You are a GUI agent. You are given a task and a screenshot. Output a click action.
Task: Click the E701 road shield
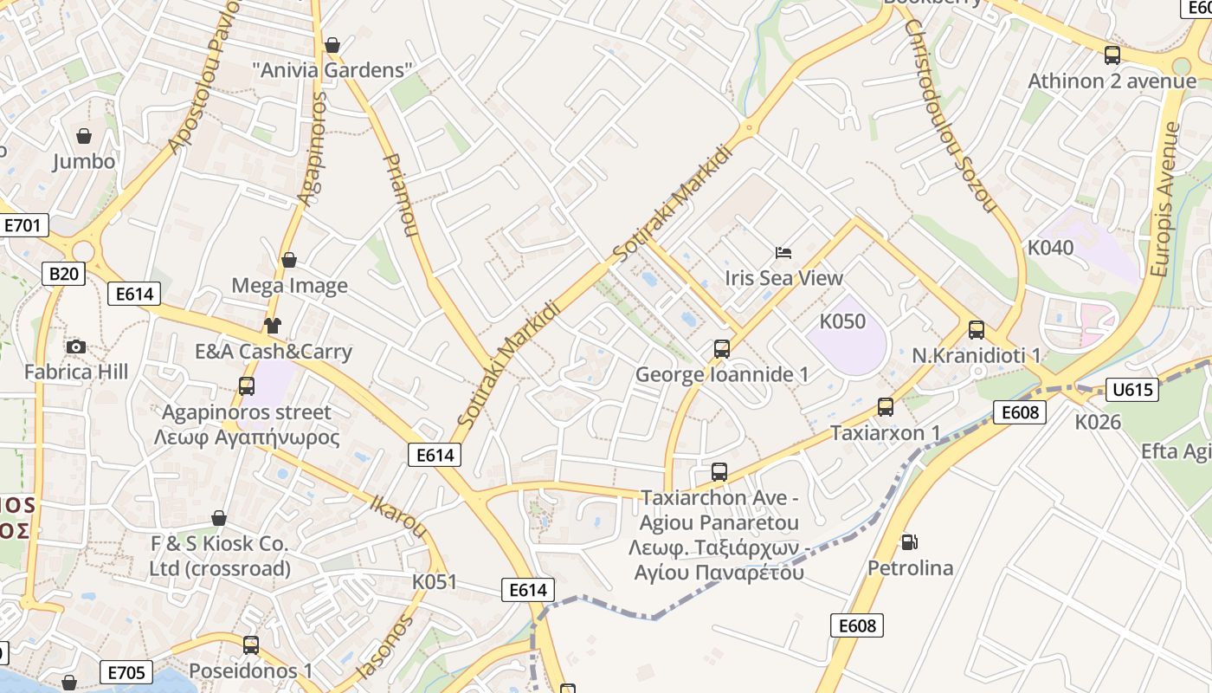click(x=23, y=226)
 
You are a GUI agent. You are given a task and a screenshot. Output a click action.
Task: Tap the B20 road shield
click(x=63, y=275)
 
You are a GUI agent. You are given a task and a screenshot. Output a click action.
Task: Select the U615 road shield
click(x=1133, y=390)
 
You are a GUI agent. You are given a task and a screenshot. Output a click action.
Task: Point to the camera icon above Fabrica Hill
click(x=76, y=347)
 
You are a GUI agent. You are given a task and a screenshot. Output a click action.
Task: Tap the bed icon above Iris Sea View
click(x=783, y=253)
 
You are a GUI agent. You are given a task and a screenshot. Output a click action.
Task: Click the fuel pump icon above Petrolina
click(x=909, y=542)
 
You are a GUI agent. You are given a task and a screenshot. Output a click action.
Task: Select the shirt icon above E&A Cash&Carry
click(x=273, y=326)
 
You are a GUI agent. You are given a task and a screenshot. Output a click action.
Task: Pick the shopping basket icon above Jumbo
click(x=84, y=136)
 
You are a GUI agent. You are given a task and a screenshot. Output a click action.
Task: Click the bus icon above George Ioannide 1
click(x=722, y=349)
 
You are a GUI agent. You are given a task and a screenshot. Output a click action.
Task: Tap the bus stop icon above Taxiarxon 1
click(x=885, y=407)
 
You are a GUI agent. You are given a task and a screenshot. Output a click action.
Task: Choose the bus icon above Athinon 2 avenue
click(x=1112, y=56)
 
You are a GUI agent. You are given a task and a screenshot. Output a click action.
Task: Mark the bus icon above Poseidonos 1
click(x=250, y=645)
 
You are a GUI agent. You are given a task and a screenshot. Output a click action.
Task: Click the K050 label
click(x=842, y=321)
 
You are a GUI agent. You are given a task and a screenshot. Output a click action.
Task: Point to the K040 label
click(x=1050, y=248)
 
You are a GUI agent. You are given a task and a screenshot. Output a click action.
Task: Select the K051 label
click(x=434, y=581)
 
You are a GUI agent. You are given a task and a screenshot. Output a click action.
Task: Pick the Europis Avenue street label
click(x=1166, y=199)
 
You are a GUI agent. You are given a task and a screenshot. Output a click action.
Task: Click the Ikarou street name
click(x=398, y=516)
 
